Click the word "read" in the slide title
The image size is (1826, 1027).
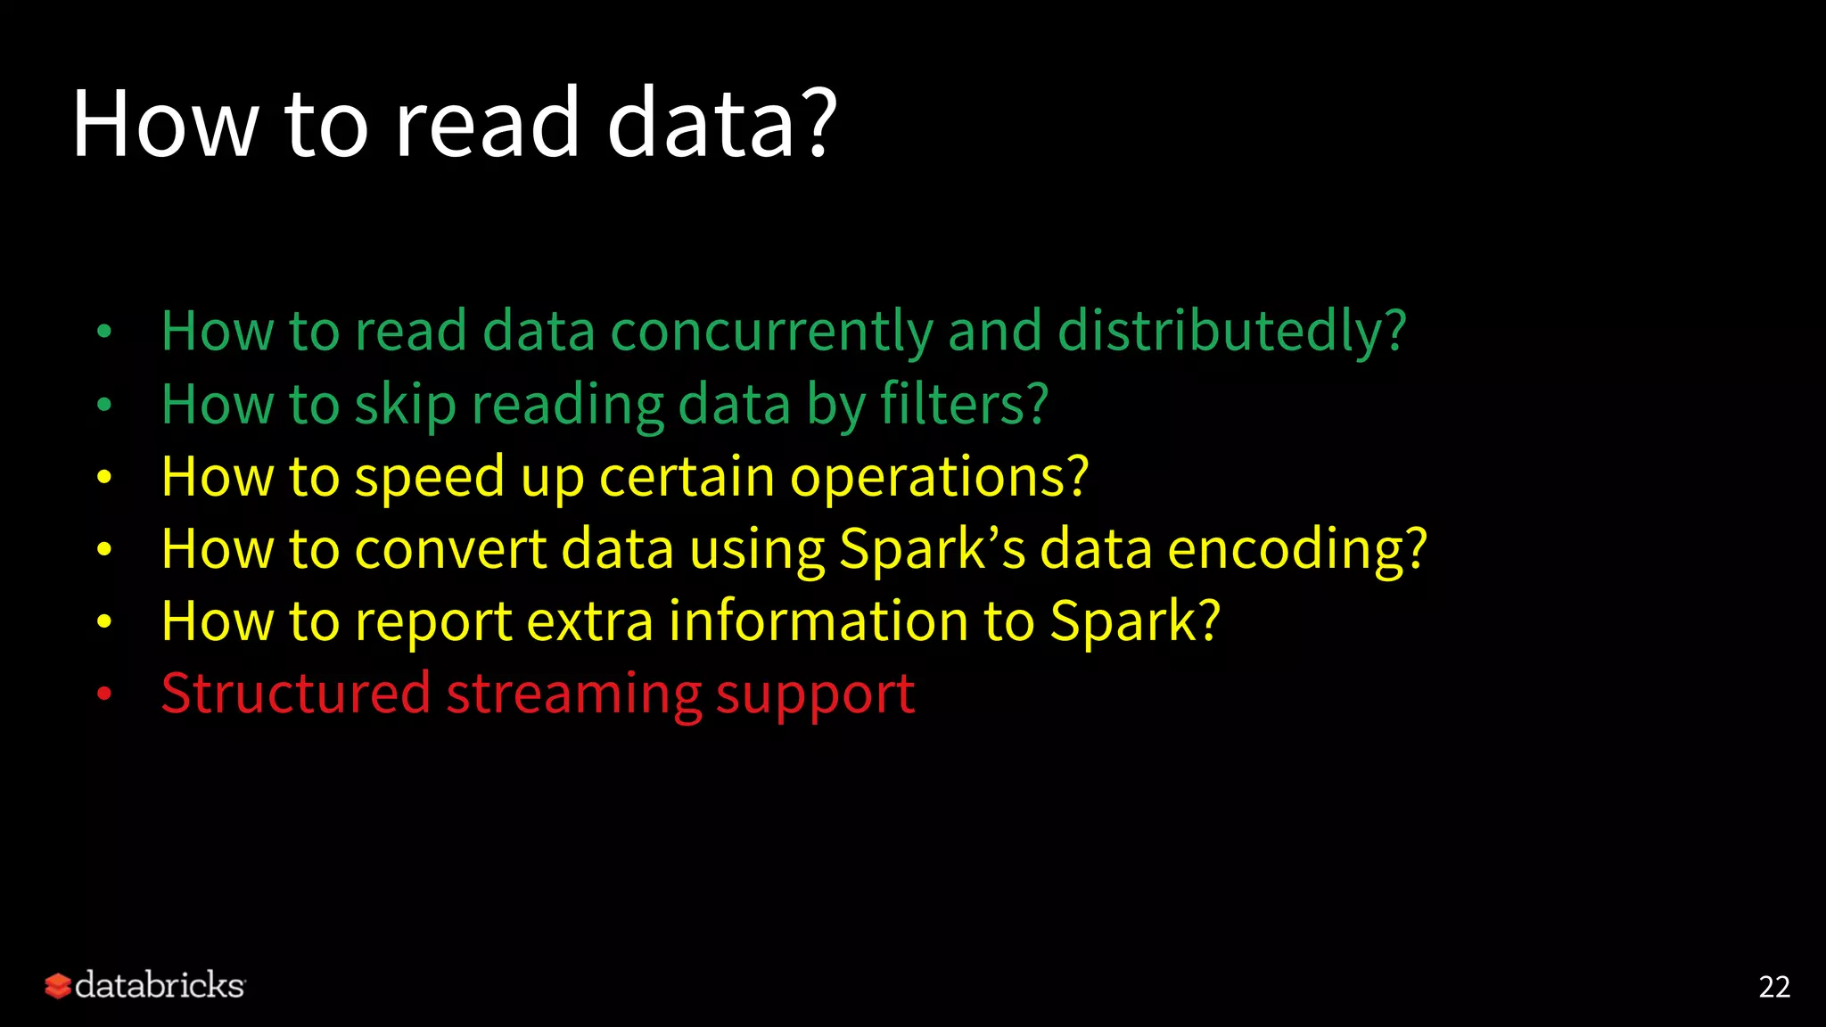[487, 124]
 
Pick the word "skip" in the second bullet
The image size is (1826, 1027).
[405, 406]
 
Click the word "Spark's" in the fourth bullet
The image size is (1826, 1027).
[932, 550]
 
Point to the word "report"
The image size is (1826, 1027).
[433, 622]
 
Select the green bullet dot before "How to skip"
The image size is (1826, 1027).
[104, 405]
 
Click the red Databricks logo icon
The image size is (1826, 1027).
[58, 985]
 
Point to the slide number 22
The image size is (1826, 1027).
[1773, 987]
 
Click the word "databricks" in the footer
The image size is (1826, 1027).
[160, 985]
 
